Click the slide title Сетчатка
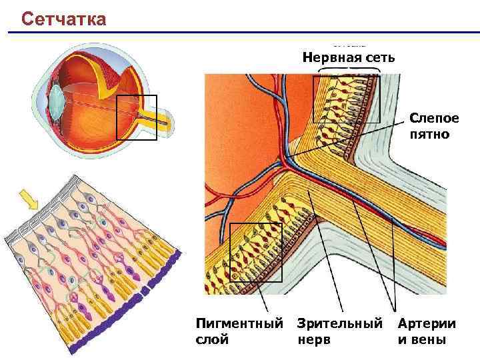pos(63,18)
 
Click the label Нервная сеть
pos(348,57)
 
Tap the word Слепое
pos(434,119)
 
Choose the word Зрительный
pos(340,324)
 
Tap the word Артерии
pos(427,324)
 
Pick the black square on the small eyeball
pos(136,117)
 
